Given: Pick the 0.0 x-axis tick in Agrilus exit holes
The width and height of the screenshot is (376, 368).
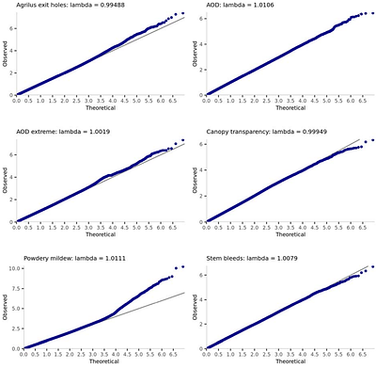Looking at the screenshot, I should [x=16, y=101].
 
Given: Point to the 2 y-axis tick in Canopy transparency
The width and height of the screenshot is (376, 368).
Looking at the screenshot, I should [x=199, y=194].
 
